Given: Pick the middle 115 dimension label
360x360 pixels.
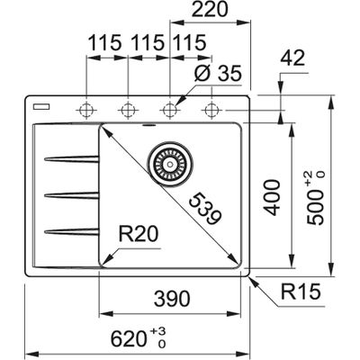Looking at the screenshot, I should pyautogui.click(x=148, y=43).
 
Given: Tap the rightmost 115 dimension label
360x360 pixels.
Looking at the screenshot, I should pyautogui.click(x=186, y=43).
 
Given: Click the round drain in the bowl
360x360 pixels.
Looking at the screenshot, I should pyautogui.click(x=168, y=163).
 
